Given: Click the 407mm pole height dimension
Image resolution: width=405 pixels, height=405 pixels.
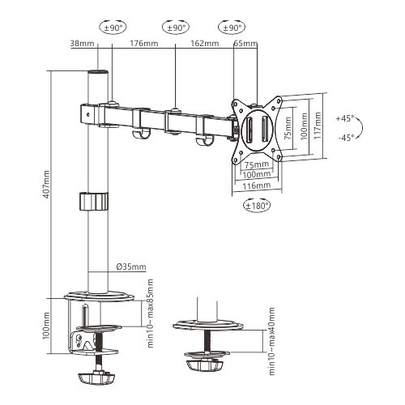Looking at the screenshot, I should [x=46, y=185].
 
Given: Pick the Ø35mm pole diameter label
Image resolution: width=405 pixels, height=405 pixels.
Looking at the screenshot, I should [x=130, y=266].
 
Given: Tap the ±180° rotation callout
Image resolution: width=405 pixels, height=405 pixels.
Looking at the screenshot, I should [x=257, y=205].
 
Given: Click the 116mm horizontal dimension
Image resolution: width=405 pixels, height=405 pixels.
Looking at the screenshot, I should [x=257, y=186].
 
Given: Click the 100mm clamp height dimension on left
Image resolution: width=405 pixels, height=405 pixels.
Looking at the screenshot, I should [x=46, y=328].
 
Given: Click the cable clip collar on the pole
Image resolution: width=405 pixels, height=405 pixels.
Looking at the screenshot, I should [x=94, y=201].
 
